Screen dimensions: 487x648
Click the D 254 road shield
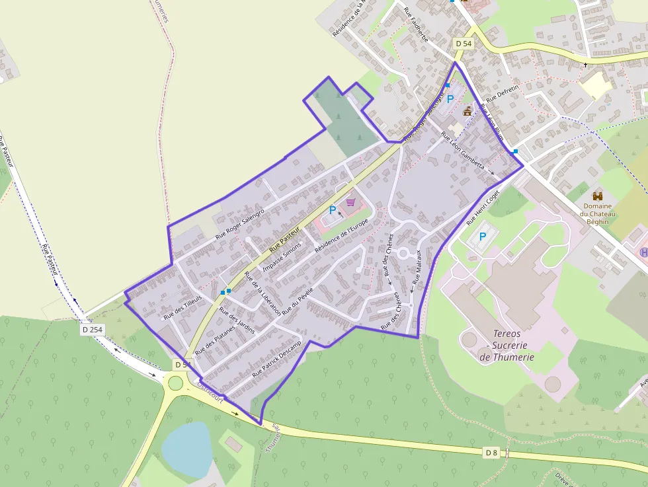pyautogui.click(x=93, y=328)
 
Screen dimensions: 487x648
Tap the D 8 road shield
pyautogui.click(x=491, y=453)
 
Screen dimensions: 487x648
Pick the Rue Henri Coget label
pyautogui.click(x=483, y=209)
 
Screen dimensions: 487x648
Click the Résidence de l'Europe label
pyautogui.click(x=341, y=235)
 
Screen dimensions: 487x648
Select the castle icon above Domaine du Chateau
pyautogui.click(x=598, y=196)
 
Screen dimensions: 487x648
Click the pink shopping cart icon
pyautogui.click(x=350, y=202)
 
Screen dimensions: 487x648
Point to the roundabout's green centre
pyautogui.click(x=175, y=383)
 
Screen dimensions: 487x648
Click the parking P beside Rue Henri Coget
pyautogui.click(x=483, y=237)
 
